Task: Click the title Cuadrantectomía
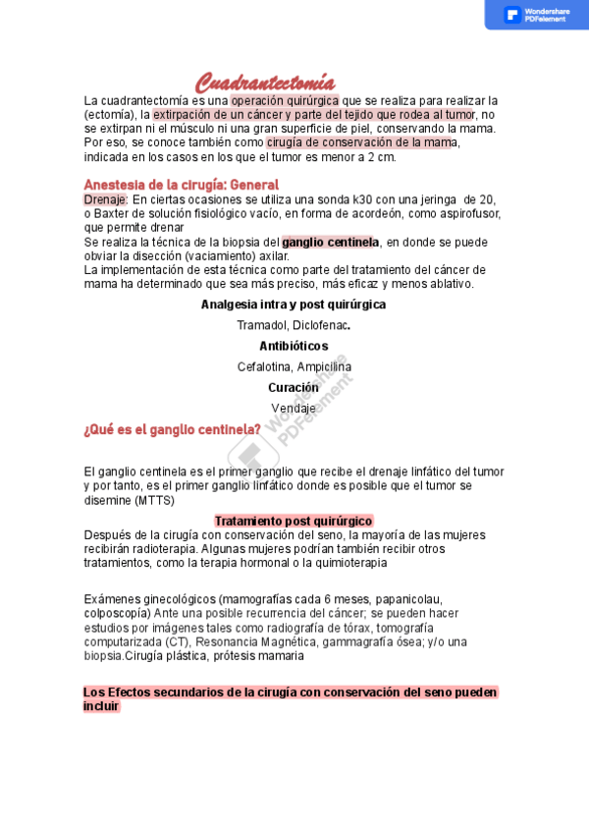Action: (x=265, y=83)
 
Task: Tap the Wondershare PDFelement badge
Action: (x=536, y=15)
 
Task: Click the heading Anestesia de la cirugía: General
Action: (x=182, y=185)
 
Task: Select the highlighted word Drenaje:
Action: (x=106, y=199)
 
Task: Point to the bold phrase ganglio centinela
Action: (x=330, y=242)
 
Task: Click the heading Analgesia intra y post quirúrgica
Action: (x=294, y=305)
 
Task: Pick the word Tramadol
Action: (x=260, y=325)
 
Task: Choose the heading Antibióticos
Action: (x=294, y=346)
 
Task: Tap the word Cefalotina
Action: (x=265, y=366)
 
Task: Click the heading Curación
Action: (x=294, y=387)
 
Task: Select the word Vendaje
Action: (x=294, y=408)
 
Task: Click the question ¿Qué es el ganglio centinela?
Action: (x=173, y=429)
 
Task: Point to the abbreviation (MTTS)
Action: (x=155, y=500)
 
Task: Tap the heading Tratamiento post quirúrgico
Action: (x=294, y=521)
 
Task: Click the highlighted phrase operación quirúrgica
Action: (x=285, y=100)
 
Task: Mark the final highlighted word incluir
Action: (x=101, y=706)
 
